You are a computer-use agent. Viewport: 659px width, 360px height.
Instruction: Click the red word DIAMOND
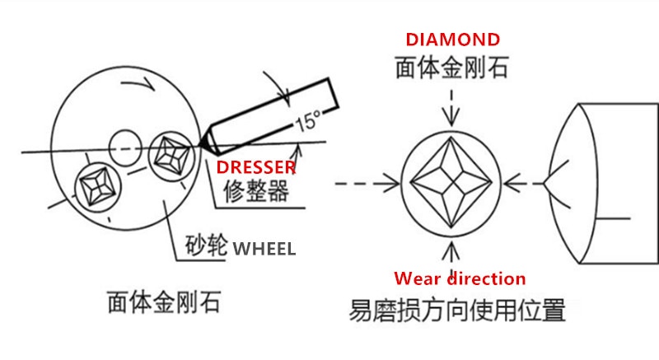(452, 40)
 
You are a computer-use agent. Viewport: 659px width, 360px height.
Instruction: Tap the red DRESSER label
(256, 167)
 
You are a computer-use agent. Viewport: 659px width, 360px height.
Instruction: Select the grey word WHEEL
(264, 249)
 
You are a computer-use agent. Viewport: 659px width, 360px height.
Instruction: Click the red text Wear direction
(460, 278)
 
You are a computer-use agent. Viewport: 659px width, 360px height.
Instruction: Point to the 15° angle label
(308, 121)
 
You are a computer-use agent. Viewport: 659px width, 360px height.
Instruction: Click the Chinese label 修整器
(256, 191)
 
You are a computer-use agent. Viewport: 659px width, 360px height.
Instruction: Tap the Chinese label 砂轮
(207, 245)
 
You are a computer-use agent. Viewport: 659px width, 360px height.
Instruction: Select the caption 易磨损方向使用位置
(457, 310)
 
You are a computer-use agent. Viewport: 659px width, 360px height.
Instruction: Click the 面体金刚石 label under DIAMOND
(452, 68)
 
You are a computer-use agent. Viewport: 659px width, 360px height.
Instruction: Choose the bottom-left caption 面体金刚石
(164, 302)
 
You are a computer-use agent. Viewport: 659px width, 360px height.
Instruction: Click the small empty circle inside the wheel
(125, 147)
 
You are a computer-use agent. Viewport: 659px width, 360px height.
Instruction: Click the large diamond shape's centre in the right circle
(451, 183)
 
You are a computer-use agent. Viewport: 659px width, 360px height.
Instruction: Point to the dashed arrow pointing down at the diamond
(451, 108)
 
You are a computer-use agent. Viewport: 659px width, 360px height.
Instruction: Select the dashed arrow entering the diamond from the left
(367, 184)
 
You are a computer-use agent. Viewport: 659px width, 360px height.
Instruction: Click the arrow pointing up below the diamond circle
(451, 257)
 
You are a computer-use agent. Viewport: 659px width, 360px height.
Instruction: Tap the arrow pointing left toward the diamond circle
(523, 184)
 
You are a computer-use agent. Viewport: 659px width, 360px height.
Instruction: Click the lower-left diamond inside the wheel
(98, 187)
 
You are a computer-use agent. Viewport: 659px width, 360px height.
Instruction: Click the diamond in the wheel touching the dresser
(172, 156)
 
